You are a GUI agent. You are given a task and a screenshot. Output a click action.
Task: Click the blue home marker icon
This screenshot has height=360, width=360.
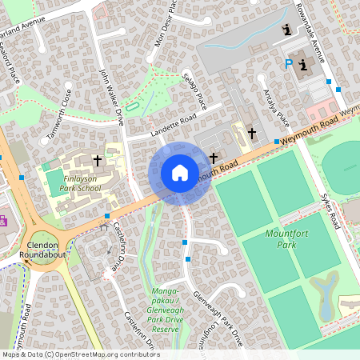tap(180, 173)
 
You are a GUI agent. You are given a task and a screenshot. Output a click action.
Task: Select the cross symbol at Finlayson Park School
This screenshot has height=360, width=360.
tap(98, 160)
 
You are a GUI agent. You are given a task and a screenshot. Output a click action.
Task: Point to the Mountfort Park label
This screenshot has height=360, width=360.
tap(286, 238)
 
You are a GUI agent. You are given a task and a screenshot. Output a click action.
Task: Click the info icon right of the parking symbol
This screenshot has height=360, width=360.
tap(302, 65)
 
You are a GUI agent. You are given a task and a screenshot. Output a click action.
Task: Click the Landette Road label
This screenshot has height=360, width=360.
tap(173, 123)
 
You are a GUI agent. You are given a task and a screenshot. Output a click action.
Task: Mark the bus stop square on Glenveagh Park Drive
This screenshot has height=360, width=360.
tap(185, 242)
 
